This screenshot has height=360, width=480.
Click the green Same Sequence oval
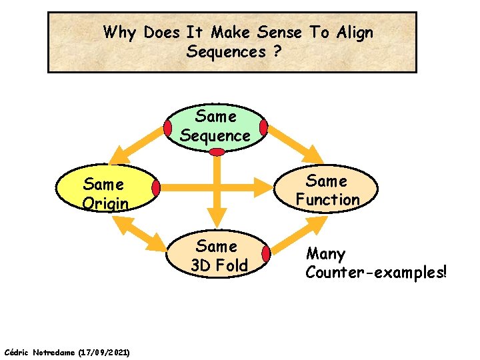coord(215,126)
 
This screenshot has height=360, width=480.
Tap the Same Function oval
coord(327,190)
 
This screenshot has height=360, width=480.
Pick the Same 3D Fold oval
coord(219,256)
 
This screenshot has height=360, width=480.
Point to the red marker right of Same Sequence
coord(264,127)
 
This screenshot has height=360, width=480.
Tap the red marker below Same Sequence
coord(217,152)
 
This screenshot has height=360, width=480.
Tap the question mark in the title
coord(276,51)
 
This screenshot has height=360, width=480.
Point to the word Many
coord(325,254)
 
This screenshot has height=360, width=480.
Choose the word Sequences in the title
coord(227,51)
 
